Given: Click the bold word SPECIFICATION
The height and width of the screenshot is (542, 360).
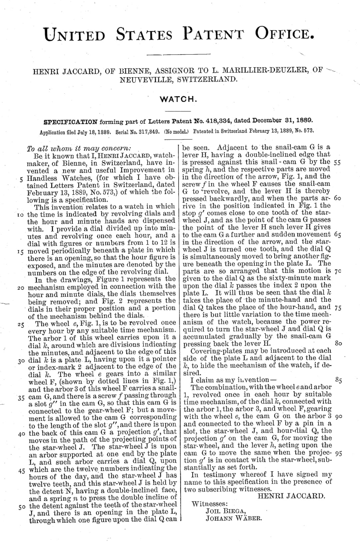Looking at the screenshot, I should (71, 121).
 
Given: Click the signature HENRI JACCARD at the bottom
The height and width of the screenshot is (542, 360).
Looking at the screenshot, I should (291, 496).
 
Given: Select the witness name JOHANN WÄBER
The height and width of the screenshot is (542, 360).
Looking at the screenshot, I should (234, 518).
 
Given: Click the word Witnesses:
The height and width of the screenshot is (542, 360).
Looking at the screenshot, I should (210, 504).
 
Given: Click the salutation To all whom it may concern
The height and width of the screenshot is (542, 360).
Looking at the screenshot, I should (79, 148).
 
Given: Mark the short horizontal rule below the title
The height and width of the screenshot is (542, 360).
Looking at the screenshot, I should (179, 54).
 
